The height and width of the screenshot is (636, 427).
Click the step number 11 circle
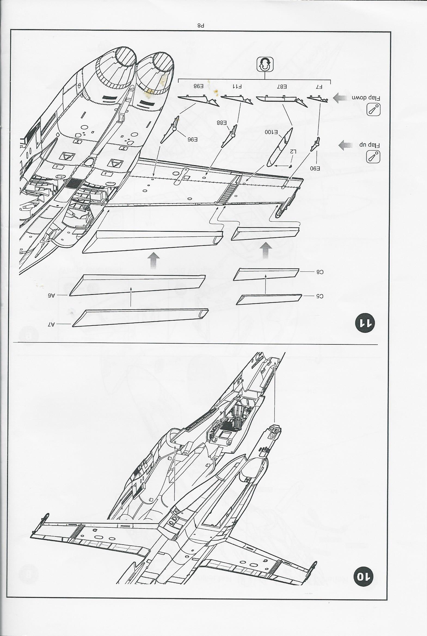coord(365,323)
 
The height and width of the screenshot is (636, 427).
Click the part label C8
coord(320,271)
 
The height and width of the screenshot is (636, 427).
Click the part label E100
coord(271,132)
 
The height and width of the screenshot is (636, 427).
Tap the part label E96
coord(192,139)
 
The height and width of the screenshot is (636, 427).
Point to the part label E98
coord(198,86)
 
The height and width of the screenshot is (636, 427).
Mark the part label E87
coord(282,87)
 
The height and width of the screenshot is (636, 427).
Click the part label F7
coord(319,87)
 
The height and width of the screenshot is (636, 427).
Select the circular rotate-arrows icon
coord(265,64)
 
